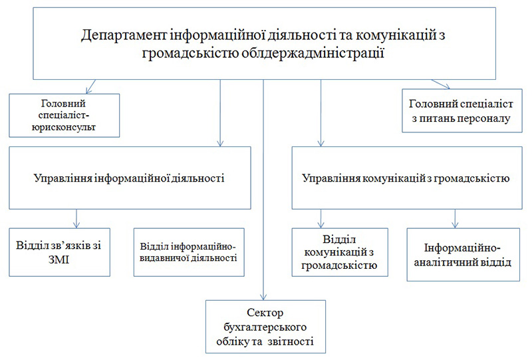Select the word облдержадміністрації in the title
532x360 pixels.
tap(313, 53)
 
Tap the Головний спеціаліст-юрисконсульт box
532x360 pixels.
tap(64, 116)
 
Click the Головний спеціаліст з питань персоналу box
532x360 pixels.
tap(462, 110)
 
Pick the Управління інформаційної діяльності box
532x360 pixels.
tap(130, 178)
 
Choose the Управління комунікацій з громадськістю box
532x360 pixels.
tap(407, 178)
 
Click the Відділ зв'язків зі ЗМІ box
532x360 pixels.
tap(59, 252)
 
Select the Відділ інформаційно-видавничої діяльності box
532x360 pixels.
tap(189, 252)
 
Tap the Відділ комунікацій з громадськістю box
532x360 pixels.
tap(340, 252)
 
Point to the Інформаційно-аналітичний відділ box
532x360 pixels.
tap(463, 254)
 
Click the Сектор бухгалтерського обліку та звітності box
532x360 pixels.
tap(265, 326)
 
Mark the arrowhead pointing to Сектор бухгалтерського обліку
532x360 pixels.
tap(263, 297)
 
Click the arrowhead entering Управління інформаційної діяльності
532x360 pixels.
tap(221, 143)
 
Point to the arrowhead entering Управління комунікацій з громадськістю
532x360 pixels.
tap(321, 143)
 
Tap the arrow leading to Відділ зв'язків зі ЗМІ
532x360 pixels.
tap(76, 219)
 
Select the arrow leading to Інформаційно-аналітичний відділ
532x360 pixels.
tap(455, 219)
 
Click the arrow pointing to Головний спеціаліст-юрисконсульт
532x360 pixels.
tap(91, 87)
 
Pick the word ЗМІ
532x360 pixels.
tap(59, 260)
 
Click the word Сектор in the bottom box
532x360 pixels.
tap(265, 313)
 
